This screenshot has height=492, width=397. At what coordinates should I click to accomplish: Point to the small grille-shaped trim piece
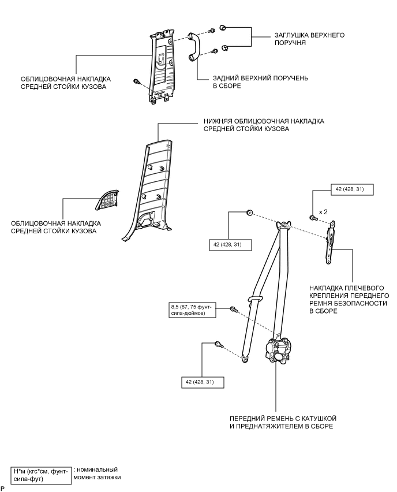[107, 199]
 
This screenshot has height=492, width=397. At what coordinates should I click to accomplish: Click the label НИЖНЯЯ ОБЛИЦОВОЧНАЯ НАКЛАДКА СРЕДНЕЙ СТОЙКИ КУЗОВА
[263, 125]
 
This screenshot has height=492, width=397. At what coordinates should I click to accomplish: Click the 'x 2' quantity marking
[323, 212]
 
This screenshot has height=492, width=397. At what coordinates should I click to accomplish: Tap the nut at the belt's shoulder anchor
[249, 213]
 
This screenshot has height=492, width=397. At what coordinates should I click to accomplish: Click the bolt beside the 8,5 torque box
[233, 310]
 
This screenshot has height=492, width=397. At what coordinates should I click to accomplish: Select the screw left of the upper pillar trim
[136, 81]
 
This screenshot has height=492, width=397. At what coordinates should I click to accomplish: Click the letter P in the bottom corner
[3, 489]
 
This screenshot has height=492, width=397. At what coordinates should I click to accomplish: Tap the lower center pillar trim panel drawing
[148, 185]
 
